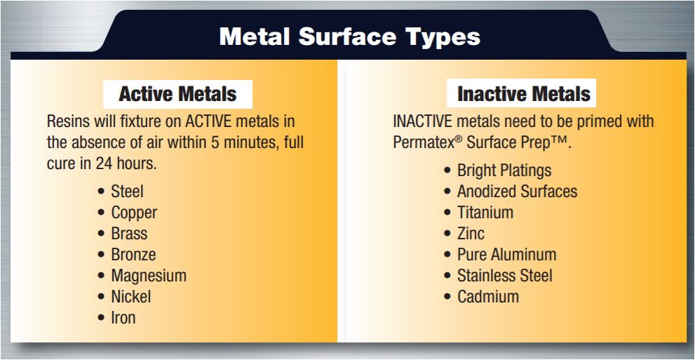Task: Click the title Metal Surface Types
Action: pos(350,36)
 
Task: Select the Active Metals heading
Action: pos(177,94)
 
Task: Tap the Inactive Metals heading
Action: pos(524,94)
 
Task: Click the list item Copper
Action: pos(134,213)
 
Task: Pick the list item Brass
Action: pos(129,233)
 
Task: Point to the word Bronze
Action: pos(133,255)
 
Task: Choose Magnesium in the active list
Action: pos(149,276)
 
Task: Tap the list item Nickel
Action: pos(130,297)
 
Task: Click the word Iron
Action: pos(123,318)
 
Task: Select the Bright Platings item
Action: pos(504,171)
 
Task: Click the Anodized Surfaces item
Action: pos(518,192)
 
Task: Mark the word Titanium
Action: pos(485,213)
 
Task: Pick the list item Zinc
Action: pos(471,233)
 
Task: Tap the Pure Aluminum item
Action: pos(506,255)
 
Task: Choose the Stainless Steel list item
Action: pos(505,276)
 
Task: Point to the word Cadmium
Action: pos(488,297)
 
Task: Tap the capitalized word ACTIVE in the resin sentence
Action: pos(209,121)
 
